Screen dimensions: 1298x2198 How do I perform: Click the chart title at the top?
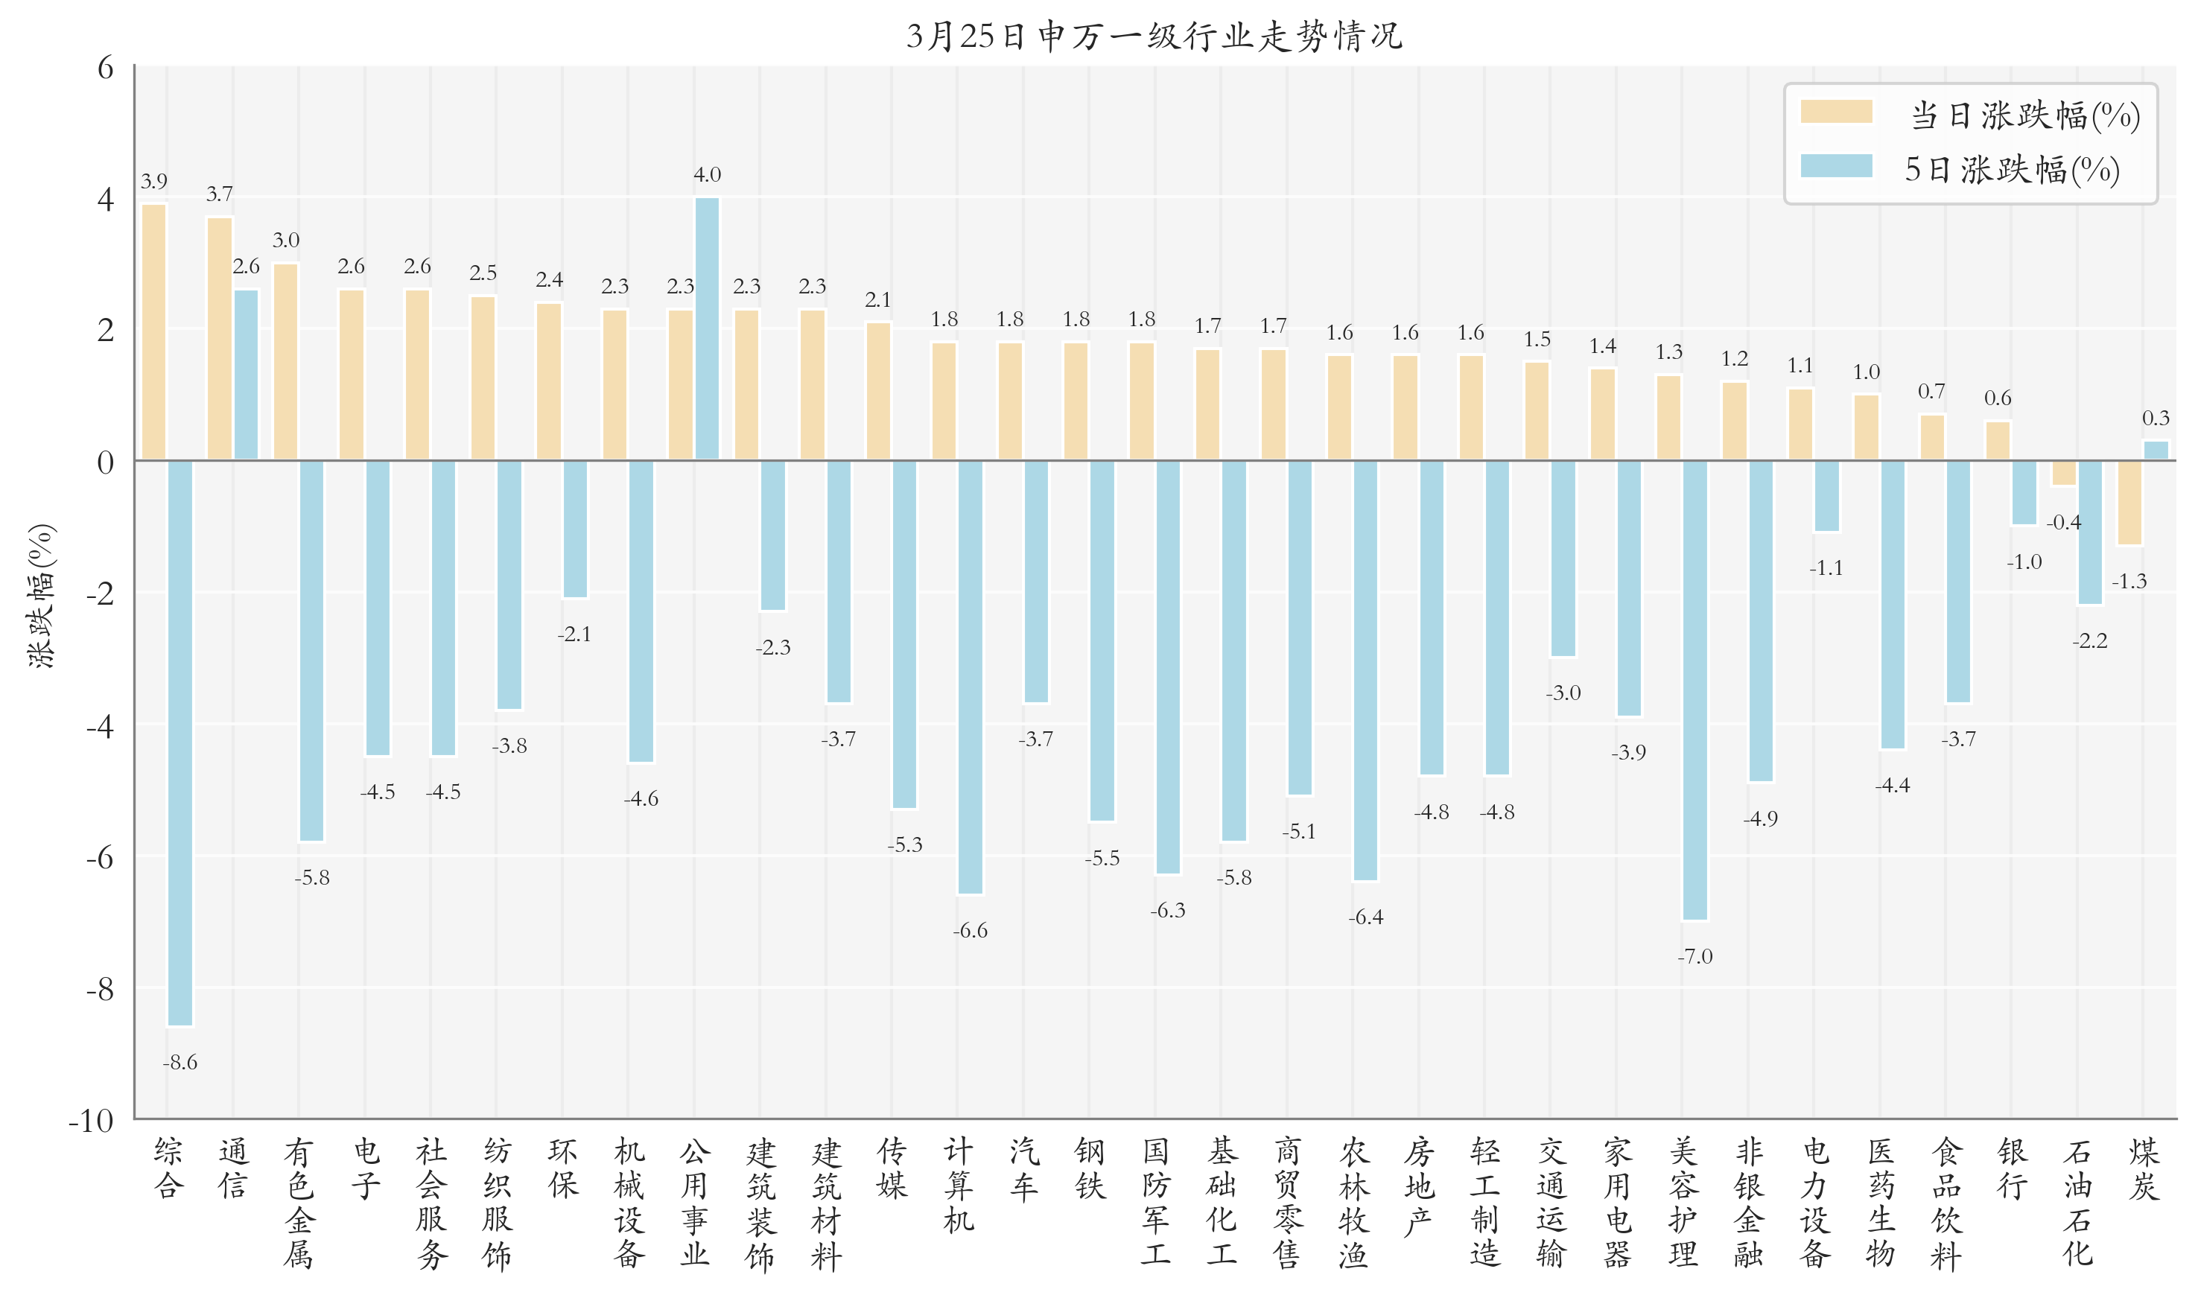[1154, 36]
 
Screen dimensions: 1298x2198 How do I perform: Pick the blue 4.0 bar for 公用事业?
[707, 328]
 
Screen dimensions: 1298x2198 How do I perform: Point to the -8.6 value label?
[180, 1062]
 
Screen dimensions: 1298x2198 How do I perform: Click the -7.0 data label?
[1694, 956]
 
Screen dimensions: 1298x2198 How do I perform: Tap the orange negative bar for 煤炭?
[2129, 502]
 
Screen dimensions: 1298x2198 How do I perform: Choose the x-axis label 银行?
[2011, 1168]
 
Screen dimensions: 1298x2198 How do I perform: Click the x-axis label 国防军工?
[1154, 1202]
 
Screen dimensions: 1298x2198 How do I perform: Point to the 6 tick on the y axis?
[105, 67]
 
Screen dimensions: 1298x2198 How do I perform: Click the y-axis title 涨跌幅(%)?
[41, 596]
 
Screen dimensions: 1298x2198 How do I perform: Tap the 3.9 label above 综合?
[154, 181]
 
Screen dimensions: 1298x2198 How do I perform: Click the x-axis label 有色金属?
[298, 1202]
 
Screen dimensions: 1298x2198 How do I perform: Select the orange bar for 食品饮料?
[1931, 437]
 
